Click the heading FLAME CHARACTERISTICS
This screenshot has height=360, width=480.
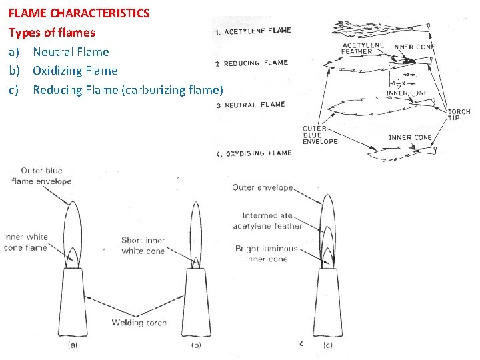tap(79, 13)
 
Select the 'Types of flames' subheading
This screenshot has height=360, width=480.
tap(51, 32)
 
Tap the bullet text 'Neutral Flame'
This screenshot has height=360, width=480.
tap(71, 51)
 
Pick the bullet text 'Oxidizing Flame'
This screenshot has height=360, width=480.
tap(75, 70)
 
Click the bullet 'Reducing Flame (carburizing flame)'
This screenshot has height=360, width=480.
tap(127, 89)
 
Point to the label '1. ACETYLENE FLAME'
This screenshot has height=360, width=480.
tap(253, 31)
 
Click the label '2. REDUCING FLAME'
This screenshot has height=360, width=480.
tap(251, 63)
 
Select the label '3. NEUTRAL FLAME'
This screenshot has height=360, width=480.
tap(250, 105)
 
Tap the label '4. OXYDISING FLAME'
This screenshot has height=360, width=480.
tap(254, 153)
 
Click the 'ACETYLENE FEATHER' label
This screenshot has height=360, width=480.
tap(363, 49)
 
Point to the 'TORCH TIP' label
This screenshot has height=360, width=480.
tap(459, 115)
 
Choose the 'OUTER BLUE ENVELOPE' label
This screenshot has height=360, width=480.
tap(319, 135)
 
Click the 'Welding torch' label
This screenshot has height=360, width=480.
tap(139, 323)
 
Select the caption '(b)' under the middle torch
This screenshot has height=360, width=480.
tap(195, 345)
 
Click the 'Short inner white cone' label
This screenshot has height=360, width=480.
tap(143, 246)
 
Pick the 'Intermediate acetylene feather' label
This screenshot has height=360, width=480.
tap(267, 221)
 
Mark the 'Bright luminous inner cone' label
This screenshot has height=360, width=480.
tap(266, 254)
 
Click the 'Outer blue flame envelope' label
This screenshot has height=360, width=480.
tap(41, 176)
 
